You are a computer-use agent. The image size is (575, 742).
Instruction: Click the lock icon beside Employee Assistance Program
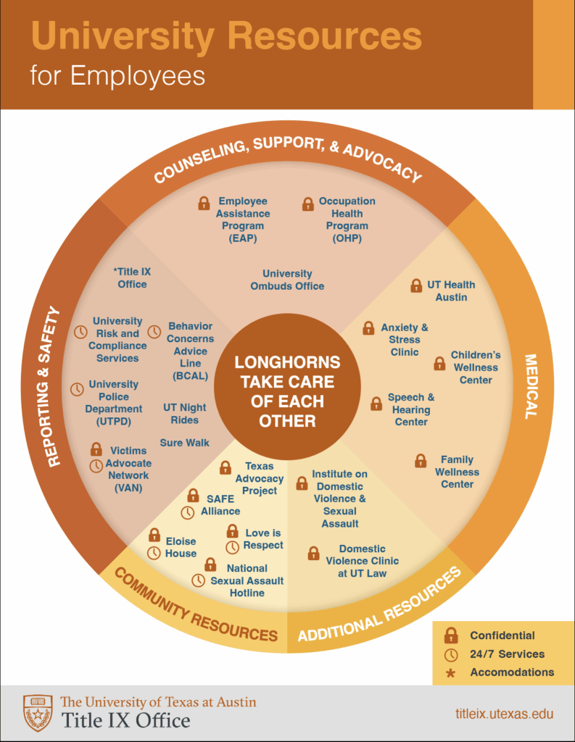(204, 204)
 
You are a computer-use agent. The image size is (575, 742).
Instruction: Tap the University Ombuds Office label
(287, 280)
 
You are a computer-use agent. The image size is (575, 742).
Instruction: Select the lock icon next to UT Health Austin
(416, 285)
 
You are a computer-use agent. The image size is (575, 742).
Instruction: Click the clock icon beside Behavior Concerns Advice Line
(154, 331)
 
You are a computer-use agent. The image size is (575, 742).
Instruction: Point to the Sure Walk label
(185, 443)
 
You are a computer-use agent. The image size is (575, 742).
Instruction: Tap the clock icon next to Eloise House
(154, 553)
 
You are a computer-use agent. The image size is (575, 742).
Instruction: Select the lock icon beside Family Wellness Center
(421, 460)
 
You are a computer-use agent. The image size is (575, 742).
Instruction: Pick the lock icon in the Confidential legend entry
(451, 635)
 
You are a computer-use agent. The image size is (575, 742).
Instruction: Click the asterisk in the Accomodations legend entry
(451, 672)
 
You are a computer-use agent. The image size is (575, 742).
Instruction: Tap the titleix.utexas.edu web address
(505, 714)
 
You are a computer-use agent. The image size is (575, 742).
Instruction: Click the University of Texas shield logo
(38, 712)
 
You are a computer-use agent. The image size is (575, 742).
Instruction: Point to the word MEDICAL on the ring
(531, 385)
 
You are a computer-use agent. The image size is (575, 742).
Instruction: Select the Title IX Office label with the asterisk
(131, 278)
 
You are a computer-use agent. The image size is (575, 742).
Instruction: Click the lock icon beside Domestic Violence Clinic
(313, 554)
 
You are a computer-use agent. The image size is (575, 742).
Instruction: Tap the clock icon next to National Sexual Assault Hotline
(198, 580)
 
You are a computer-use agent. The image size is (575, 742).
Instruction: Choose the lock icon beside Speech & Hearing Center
(376, 404)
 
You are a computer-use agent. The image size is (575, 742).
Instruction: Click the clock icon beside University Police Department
(77, 389)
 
